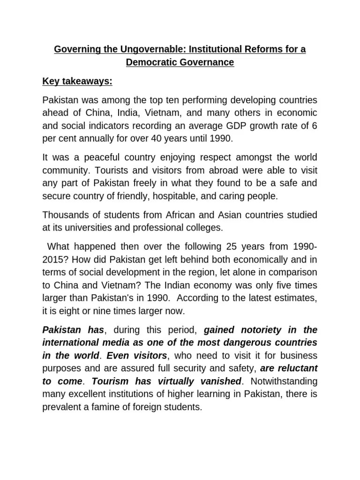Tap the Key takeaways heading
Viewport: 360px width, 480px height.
(77, 81)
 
